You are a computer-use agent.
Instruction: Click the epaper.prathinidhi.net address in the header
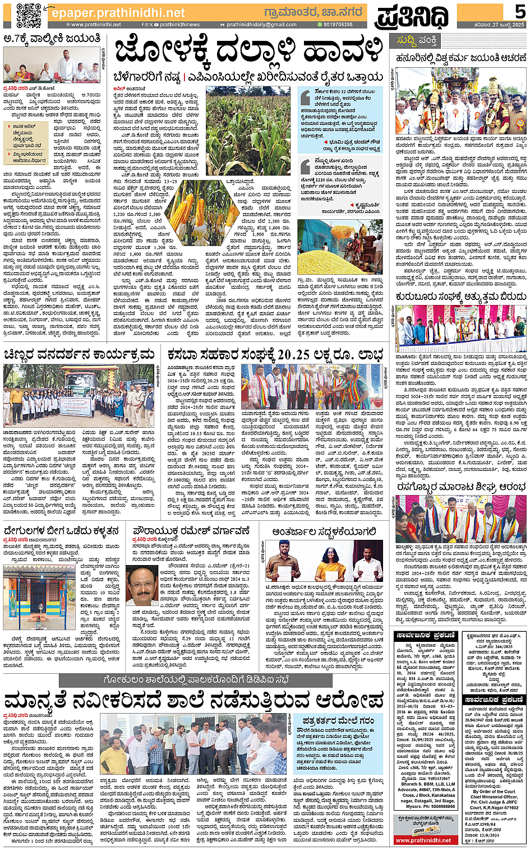[x=118, y=12]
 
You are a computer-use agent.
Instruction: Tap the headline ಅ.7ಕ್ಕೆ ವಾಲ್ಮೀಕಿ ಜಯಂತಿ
[x=52, y=39]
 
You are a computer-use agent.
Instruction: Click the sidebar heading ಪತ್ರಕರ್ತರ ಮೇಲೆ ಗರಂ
[x=338, y=720]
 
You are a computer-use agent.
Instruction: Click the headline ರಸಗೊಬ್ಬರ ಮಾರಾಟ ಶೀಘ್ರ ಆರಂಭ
[x=461, y=488]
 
